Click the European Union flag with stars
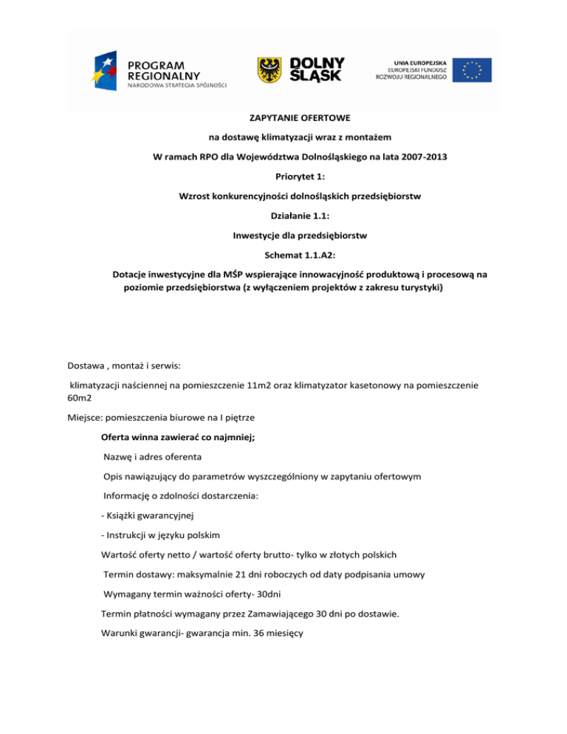472,69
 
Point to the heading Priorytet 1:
283,178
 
